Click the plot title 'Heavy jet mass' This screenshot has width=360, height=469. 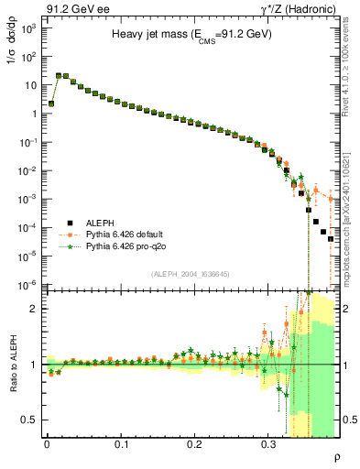192,34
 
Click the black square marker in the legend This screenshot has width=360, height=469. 69,222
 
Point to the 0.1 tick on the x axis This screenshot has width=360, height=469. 121,443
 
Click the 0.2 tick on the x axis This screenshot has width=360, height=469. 194,443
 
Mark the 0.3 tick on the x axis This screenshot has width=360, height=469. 268,443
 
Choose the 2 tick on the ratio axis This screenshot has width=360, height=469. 36,309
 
